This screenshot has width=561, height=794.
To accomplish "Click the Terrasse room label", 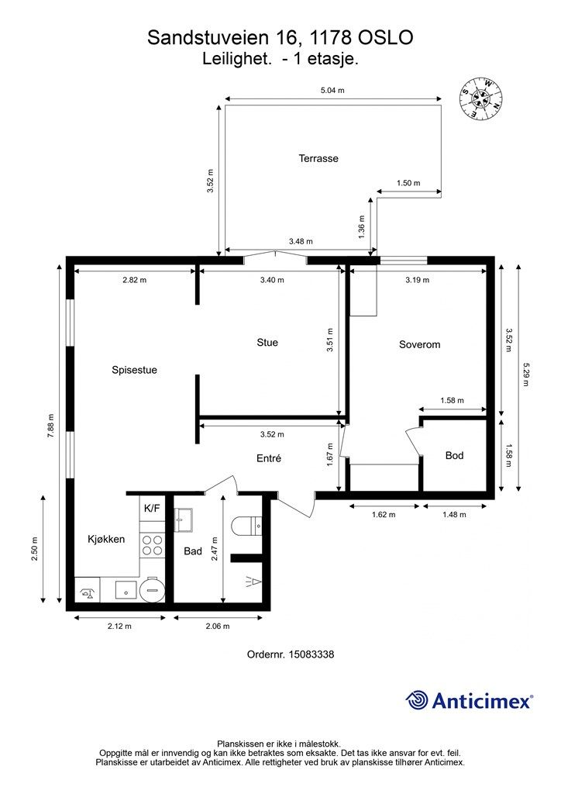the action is click(x=318, y=158).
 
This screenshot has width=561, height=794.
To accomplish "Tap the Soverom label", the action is click(x=419, y=344).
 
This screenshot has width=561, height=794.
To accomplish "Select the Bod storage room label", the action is click(x=454, y=456).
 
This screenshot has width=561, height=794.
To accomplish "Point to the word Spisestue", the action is click(x=134, y=370).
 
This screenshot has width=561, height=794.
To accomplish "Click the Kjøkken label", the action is click(x=106, y=540).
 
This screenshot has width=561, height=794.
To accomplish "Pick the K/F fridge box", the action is click(x=152, y=508).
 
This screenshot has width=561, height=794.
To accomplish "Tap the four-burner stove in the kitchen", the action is click(x=153, y=545).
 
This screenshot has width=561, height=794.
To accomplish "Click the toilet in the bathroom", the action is click(x=246, y=526).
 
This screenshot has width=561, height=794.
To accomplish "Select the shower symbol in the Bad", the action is click(x=253, y=582).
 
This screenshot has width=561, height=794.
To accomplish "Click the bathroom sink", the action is click(x=184, y=520).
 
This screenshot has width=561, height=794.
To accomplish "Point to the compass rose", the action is click(x=481, y=98).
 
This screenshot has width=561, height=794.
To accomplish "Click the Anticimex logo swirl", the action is click(x=417, y=701).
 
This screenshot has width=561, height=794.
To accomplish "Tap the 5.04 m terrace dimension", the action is click(x=332, y=91).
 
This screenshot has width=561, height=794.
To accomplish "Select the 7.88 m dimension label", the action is click(x=50, y=426).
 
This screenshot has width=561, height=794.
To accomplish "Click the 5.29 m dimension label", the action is click(x=525, y=375).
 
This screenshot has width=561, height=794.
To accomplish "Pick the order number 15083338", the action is click(x=311, y=654).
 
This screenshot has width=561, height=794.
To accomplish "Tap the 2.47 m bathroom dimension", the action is click(x=215, y=548).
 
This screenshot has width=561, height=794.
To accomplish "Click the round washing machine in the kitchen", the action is click(x=152, y=589).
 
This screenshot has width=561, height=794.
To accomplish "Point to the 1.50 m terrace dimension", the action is click(x=408, y=183).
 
